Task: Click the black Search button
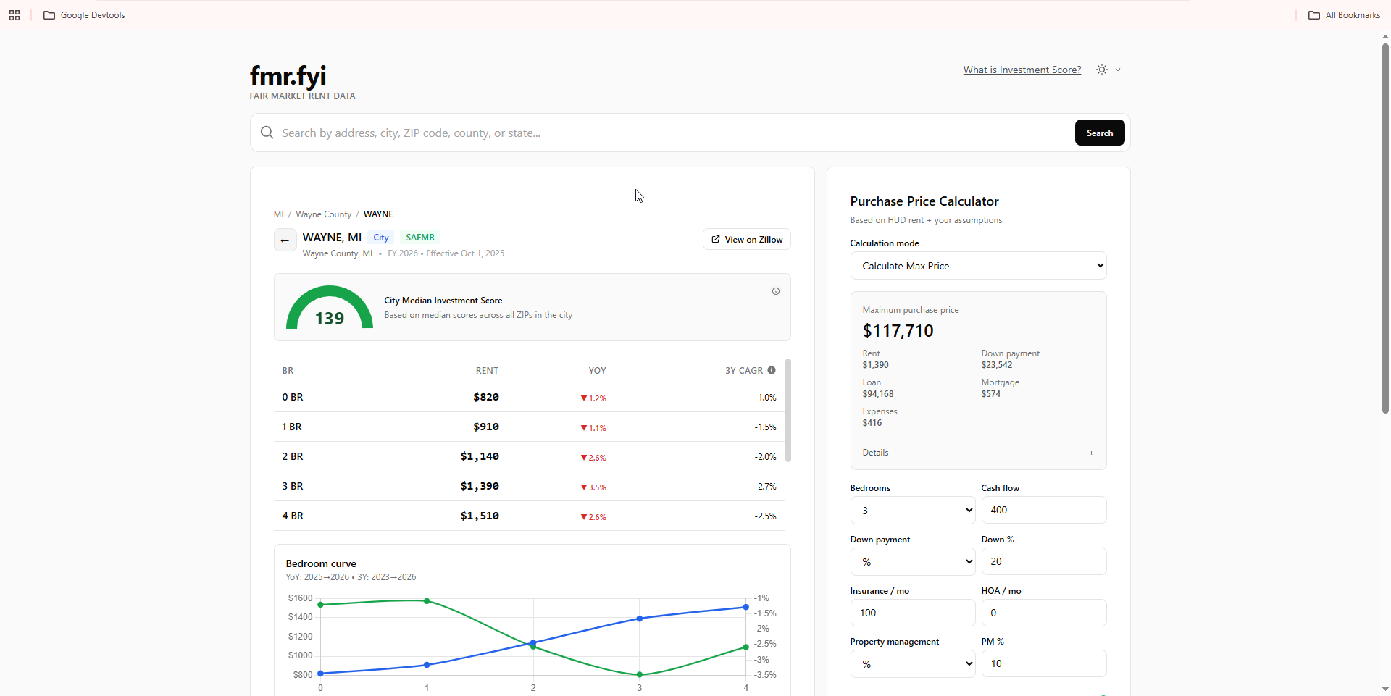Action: coord(1099,133)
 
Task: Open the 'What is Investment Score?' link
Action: coord(1022,70)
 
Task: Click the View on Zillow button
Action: coord(746,239)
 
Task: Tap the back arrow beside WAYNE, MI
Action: coord(285,240)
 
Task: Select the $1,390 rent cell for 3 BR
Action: coord(480,486)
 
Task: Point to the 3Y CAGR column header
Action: coord(744,371)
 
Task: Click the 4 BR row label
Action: coord(293,516)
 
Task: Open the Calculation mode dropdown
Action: coord(978,266)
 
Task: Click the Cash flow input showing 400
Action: coord(1044,510)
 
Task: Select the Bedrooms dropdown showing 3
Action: coord(913,511)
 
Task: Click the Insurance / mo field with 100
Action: coord(913,613)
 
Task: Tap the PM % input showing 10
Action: coord(1044,663)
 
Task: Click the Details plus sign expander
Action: coord(1091,453)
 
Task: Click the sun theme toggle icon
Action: coord(1102,70)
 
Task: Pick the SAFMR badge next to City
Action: coord(420,238)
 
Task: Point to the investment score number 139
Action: coord(330,319)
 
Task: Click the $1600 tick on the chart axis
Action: coord(300,598)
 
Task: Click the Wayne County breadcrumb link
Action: coord(323,214)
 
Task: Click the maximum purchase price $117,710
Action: coord(898,331)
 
